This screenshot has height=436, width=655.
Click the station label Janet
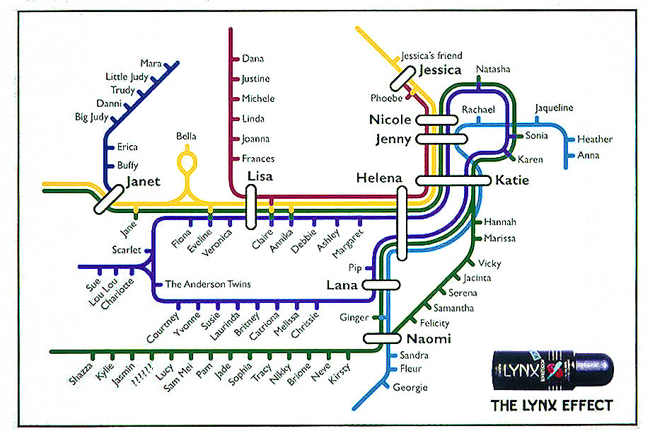point(144,181)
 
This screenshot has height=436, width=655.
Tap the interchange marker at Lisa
point(250,207)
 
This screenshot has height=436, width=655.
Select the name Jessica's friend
point(431,55)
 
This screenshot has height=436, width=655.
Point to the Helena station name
point(379,178)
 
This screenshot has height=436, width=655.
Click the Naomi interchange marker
point(382,338)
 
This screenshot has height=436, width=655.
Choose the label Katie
point(512,180)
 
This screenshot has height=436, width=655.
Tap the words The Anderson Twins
point(208,285)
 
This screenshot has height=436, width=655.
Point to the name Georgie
point(411,387)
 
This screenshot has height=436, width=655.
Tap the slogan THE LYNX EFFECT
point(552,406)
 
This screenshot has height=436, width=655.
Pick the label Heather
point(594,139)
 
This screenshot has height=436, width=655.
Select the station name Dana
point(253,59)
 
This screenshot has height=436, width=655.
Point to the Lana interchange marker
point(381,285)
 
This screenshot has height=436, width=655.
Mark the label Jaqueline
point(554,108)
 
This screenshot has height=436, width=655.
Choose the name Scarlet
point(126,250)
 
